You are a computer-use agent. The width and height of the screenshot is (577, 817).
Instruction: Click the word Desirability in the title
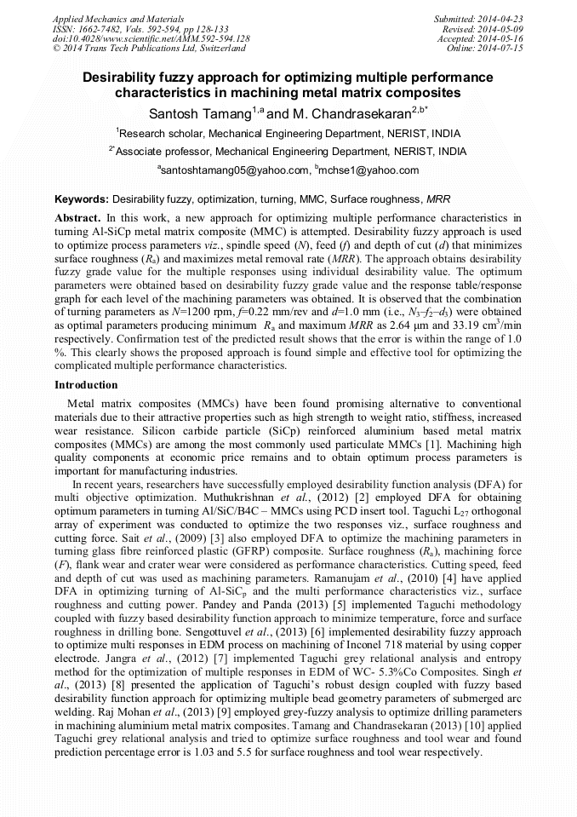click(119, 77)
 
